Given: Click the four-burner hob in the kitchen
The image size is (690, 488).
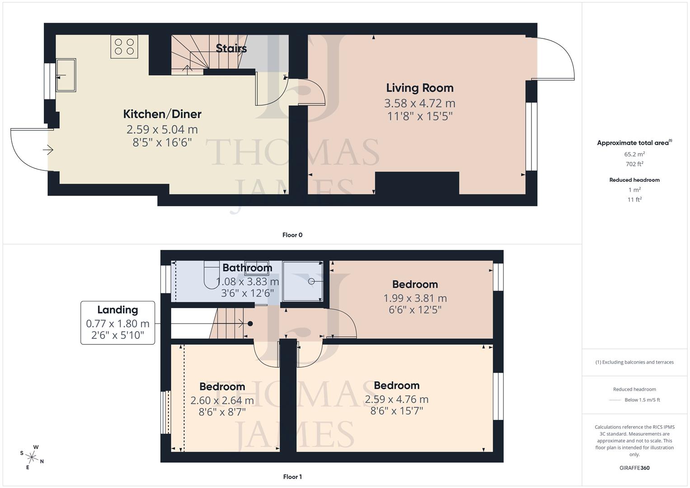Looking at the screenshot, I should coord(124,47).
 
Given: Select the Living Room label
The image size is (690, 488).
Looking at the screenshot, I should coord(419,88).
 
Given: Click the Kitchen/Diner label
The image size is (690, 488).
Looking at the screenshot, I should coord(162,114).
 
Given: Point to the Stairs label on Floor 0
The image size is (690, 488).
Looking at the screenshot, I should coord(231,48).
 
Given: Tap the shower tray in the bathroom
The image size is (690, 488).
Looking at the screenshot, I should coord(303,281).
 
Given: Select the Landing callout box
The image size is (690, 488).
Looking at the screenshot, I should coord(117,323).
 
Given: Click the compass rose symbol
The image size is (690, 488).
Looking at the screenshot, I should coord(32,456).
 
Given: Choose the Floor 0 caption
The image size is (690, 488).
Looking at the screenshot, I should coord(292,235).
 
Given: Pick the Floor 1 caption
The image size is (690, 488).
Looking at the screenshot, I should coord(292,477).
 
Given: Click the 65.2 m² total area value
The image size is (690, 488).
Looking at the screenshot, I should coord(634,154).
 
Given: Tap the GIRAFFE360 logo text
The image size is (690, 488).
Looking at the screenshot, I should coord(634,468).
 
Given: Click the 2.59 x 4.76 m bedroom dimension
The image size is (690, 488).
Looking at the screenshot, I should coord(396,399).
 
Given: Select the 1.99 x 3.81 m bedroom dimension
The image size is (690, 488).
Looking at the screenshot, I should coord(415,298).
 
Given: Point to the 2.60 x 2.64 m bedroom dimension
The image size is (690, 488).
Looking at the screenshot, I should coord(222,400).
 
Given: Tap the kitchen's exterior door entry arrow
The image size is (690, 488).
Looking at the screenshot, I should coord(48,150).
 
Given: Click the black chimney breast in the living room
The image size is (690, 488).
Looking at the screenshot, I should coord(417,183).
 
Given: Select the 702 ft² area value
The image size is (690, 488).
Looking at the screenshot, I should coord(634,164).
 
